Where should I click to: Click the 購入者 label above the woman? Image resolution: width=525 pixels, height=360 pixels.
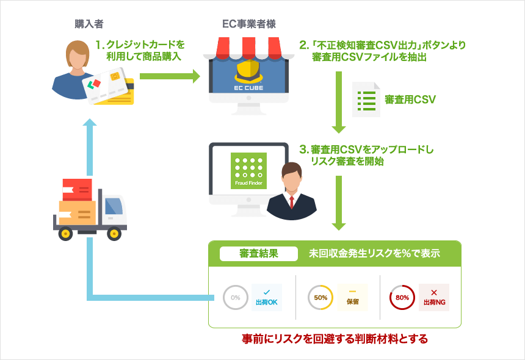[89, 24]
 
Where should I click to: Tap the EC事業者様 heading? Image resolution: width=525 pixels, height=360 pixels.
[249, 24]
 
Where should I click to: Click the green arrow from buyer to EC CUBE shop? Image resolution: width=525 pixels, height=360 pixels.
[170, 76]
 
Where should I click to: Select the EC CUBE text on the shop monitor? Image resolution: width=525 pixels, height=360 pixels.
[248, 88]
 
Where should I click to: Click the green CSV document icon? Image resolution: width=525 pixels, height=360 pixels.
[366, 99]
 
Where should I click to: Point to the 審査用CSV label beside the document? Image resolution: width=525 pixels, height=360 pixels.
[410, 99]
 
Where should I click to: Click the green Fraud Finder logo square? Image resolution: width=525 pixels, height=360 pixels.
[248, 171]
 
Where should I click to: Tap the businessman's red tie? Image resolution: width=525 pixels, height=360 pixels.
[292, 202]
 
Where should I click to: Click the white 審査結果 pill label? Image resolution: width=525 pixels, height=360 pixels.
[259, 254]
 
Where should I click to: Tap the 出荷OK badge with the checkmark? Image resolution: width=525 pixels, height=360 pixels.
[267, 297]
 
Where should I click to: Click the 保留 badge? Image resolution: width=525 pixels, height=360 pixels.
[353, 297]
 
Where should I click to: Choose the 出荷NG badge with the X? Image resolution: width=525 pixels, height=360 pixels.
[434, 297]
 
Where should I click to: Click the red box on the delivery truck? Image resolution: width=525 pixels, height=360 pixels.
[78, 190]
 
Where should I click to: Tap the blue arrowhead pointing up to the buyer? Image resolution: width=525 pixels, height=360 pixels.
[90, 122]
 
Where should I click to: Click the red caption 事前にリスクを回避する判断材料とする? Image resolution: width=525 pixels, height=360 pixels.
[335, 339]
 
